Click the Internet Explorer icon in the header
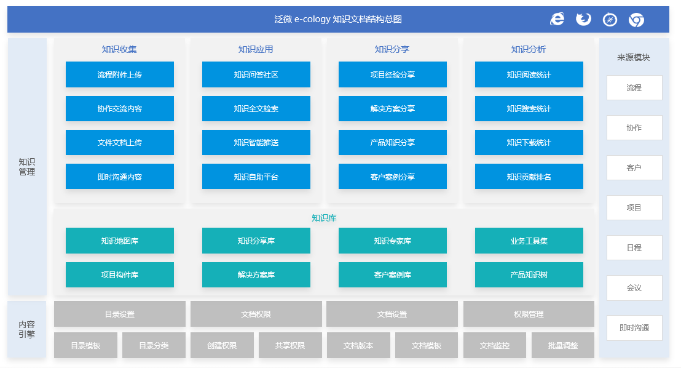click(x=557, y=19)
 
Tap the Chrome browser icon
click(x=636, y=20)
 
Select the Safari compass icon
click(x=610, y=20)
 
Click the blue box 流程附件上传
click(x=120, y=74)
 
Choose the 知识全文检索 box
click(x=256, y=108)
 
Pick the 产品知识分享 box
click(x=393, y=142)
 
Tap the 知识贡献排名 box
click(x=529, y=176)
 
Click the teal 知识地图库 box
click(x=120, y=241)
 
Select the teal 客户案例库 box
click(x=393, y=274)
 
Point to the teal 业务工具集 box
click(x=529, y=241)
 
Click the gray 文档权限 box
click(x=256, y=314)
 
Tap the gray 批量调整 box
click(x=563, y=345)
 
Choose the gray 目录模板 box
click(x=85, y=345)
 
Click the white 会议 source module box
click(x=634, y=287)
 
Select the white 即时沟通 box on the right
click(x=634, y=327)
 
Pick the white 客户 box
click(x=634, y=167)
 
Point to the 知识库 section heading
click(x=324, y=217)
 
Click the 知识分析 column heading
click(x=529, y=49)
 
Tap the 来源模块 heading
click(x=634, y=57)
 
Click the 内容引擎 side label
click(x=26, y=329)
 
